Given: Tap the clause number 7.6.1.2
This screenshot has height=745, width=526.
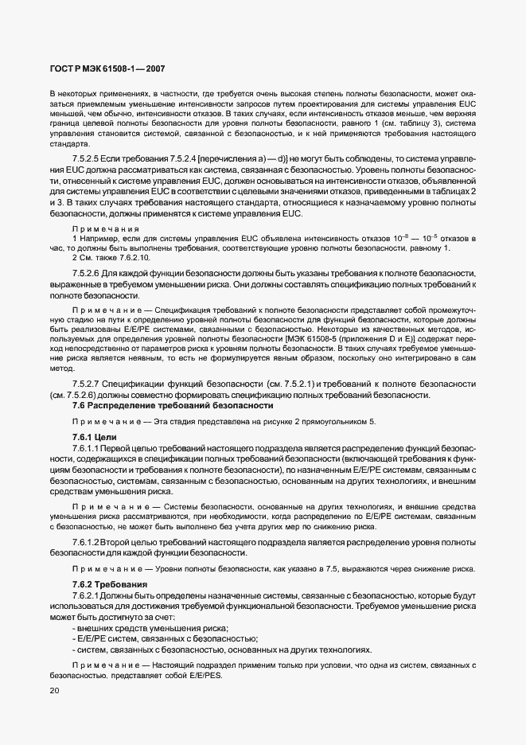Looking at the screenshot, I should pos(88,542).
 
